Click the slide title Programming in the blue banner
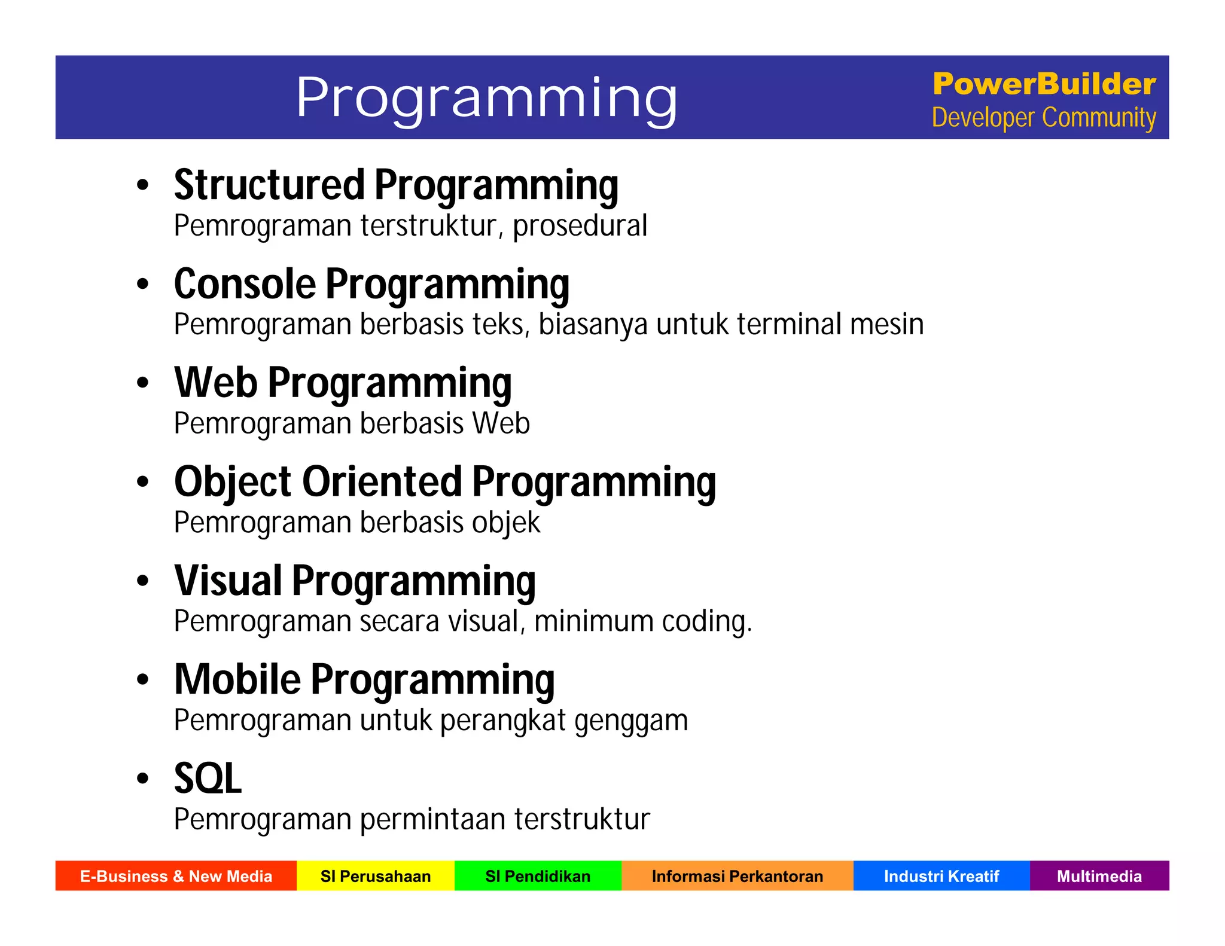tap(486, 97)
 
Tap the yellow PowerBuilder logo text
tap(1044, 84)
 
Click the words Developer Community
tap(1044, 118)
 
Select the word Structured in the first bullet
tap(269, 185)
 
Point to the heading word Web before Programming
tap(215, 383)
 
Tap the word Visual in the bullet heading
tap(228, 581)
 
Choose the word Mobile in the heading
tap(237, 679)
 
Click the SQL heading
tap(208, 779)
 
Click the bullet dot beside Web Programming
tap(142, 383)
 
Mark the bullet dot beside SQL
tap(142, 779)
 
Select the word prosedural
tap(580, 226)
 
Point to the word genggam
tap(631, 721)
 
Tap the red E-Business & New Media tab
tap(176, 876)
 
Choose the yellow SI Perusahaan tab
tap(376, 876)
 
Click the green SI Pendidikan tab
tap(538, 876)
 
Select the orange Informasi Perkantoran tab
tap(737, 876)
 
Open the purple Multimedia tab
tap(1099, 876)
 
